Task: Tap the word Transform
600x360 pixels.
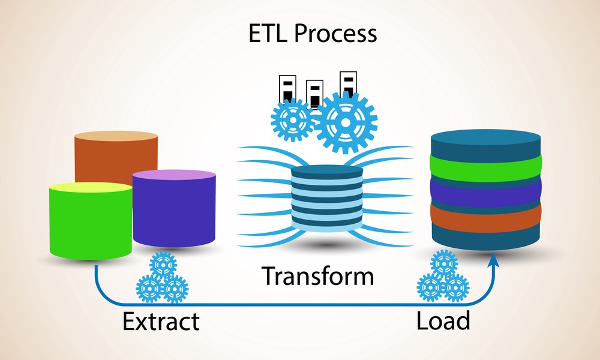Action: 317,277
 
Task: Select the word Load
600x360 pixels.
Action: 443,321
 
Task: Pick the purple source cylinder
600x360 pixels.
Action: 174,210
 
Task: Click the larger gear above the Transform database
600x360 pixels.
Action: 346,122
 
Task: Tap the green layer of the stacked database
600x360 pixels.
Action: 486,165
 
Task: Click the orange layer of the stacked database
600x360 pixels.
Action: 486,214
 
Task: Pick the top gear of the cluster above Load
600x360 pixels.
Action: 444,263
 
